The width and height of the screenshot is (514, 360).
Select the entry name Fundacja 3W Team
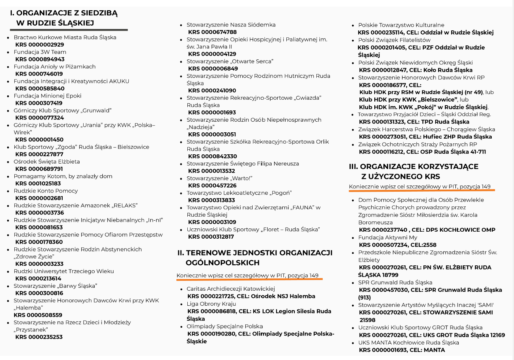pos(40,52)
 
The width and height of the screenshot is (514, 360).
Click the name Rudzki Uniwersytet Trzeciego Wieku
pos(64,271)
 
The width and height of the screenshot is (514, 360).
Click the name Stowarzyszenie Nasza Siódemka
pos(231,25)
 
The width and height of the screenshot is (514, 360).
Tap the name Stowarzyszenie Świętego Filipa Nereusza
pos(243,164)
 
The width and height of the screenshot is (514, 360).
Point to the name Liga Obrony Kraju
pos(211,304)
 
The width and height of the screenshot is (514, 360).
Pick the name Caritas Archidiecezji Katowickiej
pos(231,289)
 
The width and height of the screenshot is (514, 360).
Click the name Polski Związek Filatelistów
pos(394,40)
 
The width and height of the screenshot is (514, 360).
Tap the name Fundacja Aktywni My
pos(388,238)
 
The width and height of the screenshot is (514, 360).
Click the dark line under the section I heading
pos(69,30)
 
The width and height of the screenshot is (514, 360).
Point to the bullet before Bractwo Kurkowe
pos(8,38)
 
